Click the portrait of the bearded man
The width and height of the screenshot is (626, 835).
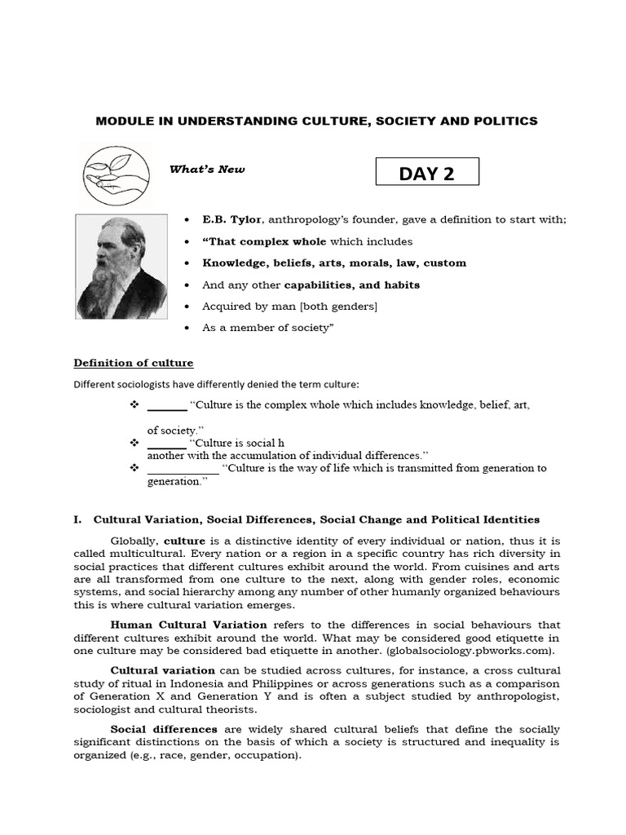[x=121, y=267]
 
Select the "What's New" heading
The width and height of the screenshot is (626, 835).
[x=207, y=170]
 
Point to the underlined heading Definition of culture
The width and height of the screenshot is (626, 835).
[x=134, y=363]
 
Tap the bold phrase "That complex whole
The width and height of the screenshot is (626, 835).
[x=264, y=241]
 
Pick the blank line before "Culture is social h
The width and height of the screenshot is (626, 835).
[x=166, y=444]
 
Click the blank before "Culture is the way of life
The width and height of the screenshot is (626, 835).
[x=183, y=469]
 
